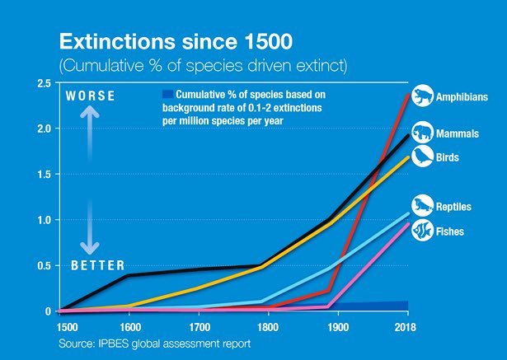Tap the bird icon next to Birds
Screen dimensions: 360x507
click(x=422, y=155)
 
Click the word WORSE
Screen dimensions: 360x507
click(x=92, y=96)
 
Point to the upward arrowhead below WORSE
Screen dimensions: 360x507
click(x=92, y=117)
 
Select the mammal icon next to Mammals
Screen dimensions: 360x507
click(x=422, y=132)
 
